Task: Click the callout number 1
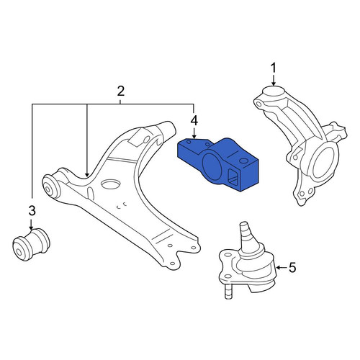[x=274, y=68]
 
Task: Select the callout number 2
[x=120, y=91]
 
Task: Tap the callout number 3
[x=32, y=211]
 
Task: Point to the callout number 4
[x=194, y=121]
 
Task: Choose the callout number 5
[x=292, y=267]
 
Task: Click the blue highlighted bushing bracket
[x=218, y=164]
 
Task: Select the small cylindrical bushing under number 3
[x=31, y=244]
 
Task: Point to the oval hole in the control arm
[x=110, y=184]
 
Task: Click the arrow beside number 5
[x=282, y=267]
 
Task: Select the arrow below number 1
[x=274, y=80]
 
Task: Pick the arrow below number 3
[x=31, y=224]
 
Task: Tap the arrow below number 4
[x=194, y=133]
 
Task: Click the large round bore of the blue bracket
[x=213, y=166]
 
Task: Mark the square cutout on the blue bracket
[x=233, y=176]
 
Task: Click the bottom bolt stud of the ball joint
[x=228, y=291]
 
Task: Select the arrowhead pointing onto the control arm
[x=87, y=174]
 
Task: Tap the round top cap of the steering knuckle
[x=274, y=91]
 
